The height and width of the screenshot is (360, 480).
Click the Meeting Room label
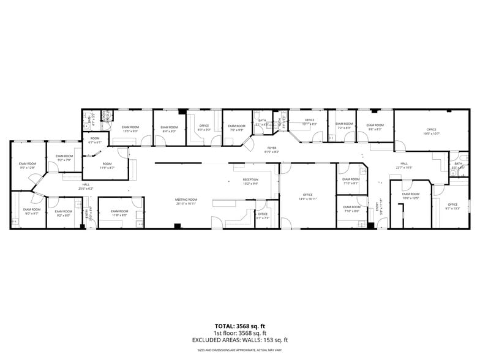tap(186, 201)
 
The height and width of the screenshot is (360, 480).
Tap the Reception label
tap(250, 182)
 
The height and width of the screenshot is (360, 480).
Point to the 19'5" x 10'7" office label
tap(432, 131)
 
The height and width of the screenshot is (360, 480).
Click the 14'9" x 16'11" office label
tap(307, 198)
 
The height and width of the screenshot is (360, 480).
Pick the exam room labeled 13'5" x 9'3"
tap(131, 129)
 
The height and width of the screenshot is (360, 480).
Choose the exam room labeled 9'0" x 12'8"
tap(27, 165)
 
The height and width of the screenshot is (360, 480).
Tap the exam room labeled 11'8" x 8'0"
tap(119, 213)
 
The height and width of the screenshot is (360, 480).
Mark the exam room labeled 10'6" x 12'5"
tap(410, 196)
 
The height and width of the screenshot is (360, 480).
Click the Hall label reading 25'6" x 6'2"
tap(85, 187)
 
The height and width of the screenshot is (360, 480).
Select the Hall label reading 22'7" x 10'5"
tap(404, 165)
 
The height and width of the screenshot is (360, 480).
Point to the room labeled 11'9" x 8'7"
tap(107, 165)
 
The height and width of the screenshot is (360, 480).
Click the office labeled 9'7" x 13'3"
tap(452, 206)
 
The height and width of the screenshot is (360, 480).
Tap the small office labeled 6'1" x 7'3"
tap(263, 216)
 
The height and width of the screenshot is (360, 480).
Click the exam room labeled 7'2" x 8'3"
tap(344, 126)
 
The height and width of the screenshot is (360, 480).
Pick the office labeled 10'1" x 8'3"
tap(309, 122)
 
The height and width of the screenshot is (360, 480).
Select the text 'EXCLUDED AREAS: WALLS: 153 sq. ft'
tap(240, 340)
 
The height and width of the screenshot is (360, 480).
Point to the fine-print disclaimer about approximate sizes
tap(240, 350)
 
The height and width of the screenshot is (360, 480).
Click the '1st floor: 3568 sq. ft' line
tap(240, 333)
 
